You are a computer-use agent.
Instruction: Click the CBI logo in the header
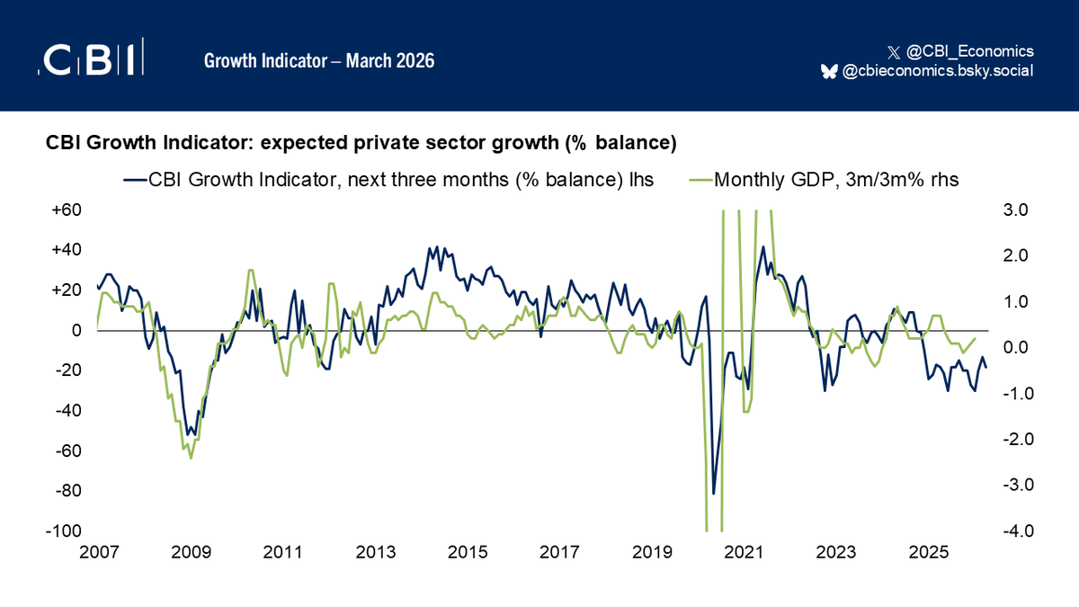tap(91, 59)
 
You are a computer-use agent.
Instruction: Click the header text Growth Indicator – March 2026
tap(319, 61)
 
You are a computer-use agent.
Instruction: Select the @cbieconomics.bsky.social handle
tap(937, 71)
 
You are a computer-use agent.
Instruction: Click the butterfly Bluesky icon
tap(829, 71)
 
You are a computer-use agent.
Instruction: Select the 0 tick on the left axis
tap(76, 330)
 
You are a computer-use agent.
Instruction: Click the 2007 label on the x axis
tap(98, 551)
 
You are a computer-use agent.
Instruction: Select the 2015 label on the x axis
tap(467, 551)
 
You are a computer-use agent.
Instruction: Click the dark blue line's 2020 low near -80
tap(714, 493)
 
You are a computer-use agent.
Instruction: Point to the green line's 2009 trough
tap(191, 458)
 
